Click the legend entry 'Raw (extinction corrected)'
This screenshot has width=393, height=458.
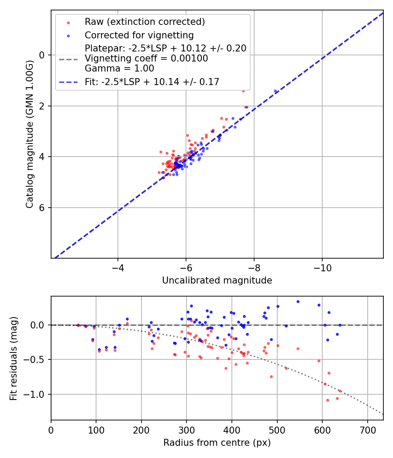145,22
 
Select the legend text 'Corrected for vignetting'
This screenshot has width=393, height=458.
139,35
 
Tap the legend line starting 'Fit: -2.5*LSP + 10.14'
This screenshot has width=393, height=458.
152,82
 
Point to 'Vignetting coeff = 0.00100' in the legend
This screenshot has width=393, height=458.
146,58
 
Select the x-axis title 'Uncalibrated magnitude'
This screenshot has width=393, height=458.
217,280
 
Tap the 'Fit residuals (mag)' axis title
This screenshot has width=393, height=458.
14,358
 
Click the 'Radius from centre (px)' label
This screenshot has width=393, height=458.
217,443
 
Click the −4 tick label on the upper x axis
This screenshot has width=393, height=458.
117,266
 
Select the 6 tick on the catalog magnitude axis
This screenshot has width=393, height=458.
42,208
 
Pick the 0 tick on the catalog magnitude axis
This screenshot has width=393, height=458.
42,55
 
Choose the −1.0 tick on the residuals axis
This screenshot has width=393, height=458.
37,394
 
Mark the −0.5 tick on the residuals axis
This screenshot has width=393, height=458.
37,360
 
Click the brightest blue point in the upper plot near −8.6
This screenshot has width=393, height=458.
275,91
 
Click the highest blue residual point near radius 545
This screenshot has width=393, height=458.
298,301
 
